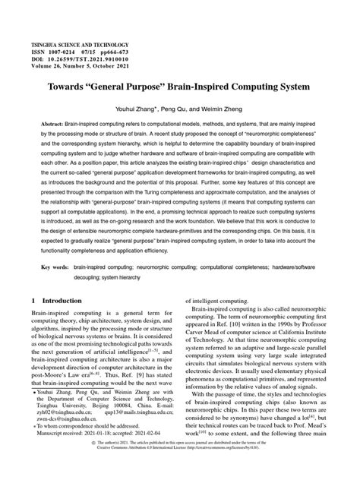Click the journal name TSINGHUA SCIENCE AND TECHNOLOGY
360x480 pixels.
click(x=80, y=46)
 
